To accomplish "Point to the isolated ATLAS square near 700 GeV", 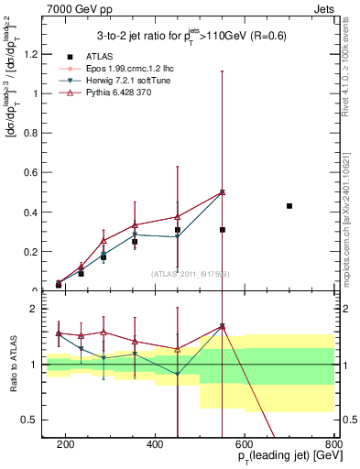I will coord(289,206).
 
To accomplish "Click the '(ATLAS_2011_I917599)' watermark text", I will coord(189,274).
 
